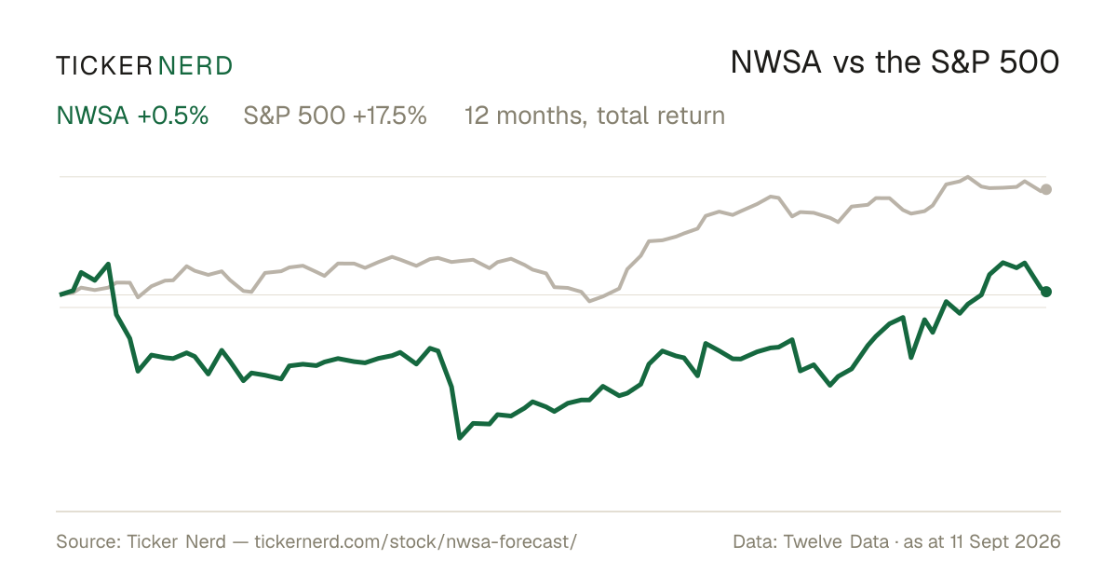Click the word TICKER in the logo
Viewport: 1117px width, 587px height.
(x=104, y=66)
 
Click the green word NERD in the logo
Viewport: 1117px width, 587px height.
(x=195, y=66)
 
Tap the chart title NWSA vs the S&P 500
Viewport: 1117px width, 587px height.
(x=895, y=62)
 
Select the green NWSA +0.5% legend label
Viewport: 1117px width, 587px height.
(x=132, y=116)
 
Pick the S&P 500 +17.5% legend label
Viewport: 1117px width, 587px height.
(x=335, y=116)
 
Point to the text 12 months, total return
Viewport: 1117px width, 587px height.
(x=595, y=116)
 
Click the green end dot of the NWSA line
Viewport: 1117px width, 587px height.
(x=1046, y=292)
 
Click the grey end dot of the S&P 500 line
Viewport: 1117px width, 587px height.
(x=1046, y=189)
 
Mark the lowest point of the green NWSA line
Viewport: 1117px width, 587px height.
(x=460, y=438)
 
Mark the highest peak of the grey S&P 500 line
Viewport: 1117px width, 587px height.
(x=968, y=177)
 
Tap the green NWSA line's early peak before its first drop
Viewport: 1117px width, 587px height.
(x=108, y=264)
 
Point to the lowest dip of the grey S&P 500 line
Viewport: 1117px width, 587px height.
(x=589, y=301)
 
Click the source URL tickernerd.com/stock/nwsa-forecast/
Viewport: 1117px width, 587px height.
(x=416, y=541)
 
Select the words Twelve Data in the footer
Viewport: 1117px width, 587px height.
(x=836, y=541)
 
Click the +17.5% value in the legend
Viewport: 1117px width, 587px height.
(x=389, y=116)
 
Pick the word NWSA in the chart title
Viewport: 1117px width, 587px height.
(x=776, y=62)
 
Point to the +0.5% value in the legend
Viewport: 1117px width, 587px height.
(x=173, y=116)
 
